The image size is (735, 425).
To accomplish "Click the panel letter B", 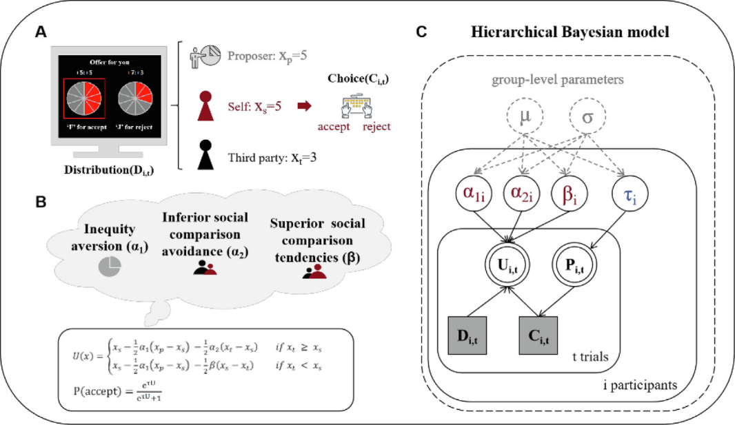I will (x=41, y=203).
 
